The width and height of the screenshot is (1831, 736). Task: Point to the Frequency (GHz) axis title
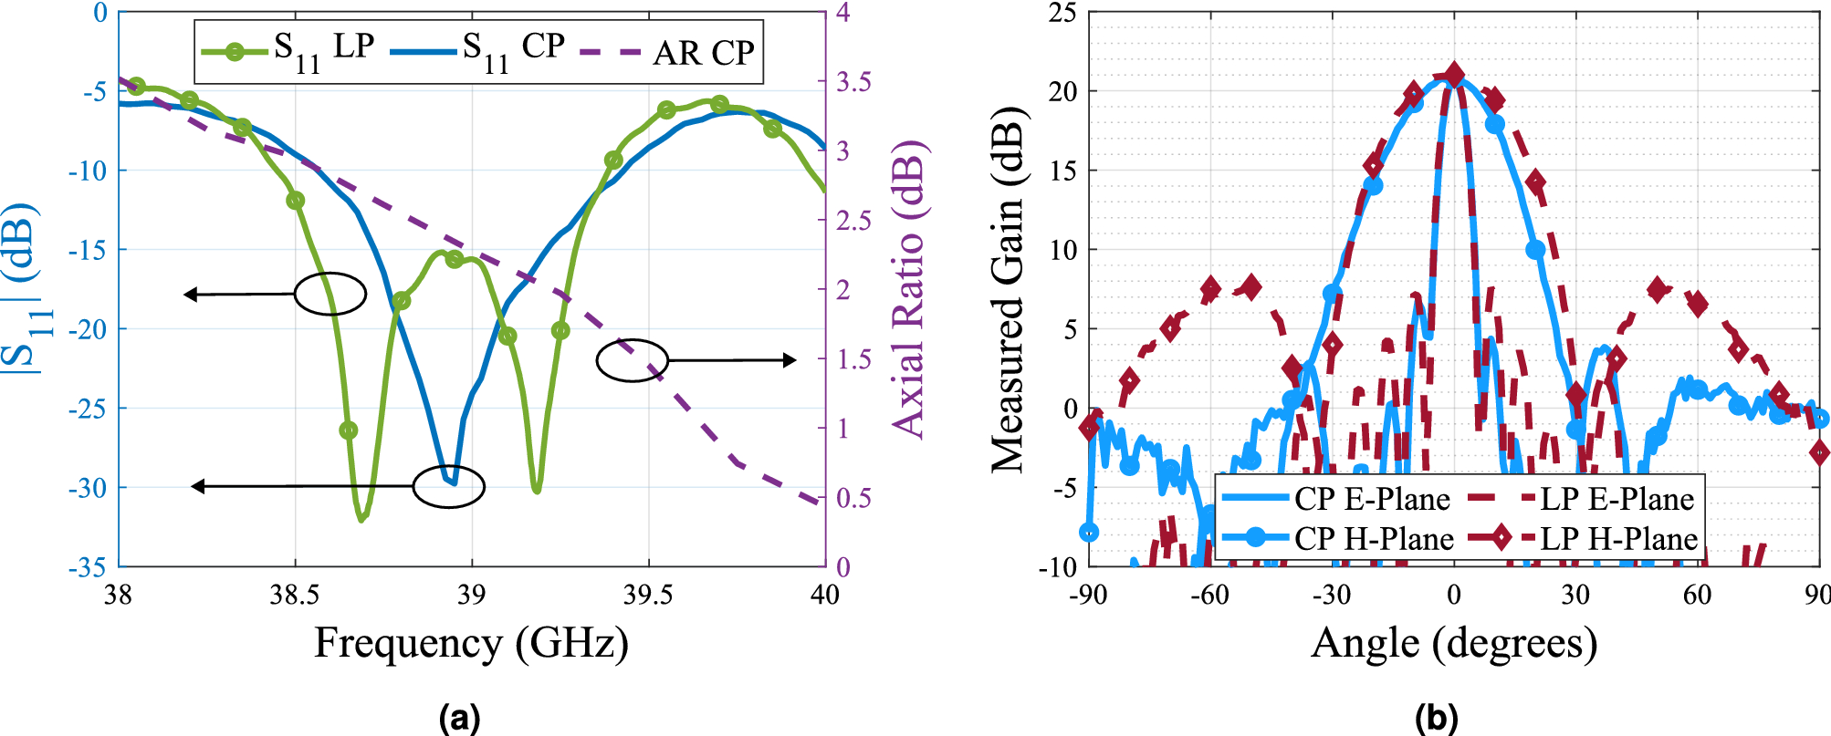471,643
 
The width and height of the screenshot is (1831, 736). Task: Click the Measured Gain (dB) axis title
1009,290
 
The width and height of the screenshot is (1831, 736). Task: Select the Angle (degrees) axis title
1454,643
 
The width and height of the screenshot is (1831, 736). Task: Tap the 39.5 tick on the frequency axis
648,596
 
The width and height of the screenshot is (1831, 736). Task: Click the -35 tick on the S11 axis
88,567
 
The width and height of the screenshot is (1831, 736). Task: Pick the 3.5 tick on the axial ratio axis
854,82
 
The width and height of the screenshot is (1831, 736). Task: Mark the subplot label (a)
459,718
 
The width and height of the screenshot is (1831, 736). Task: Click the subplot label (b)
1436,718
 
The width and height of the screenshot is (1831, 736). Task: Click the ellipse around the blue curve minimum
448,486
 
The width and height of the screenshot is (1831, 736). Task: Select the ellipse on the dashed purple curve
633,360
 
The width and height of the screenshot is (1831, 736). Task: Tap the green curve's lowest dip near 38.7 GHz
362,518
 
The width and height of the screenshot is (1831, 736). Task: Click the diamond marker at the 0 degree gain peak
1454,76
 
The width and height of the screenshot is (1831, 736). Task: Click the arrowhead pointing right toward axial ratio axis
790,360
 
